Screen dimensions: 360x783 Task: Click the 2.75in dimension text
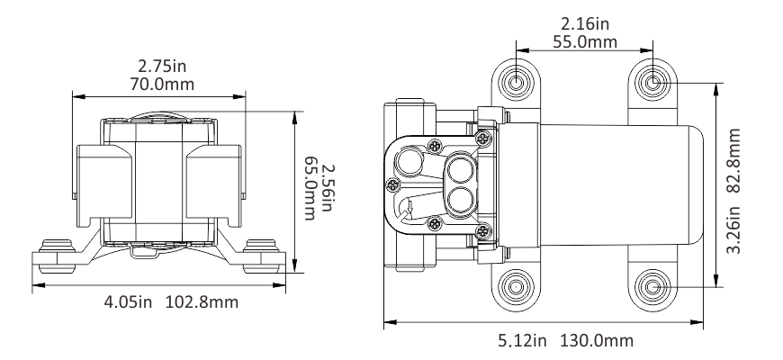(163, 67)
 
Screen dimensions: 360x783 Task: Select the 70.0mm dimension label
(163, 85)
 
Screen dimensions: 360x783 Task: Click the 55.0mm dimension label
(584, 42)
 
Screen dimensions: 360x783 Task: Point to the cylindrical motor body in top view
(603, 185)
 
